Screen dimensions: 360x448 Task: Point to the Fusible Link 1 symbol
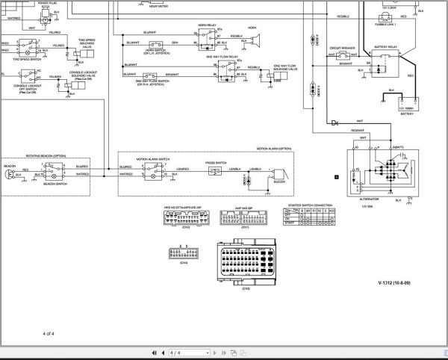[x=387, y=17]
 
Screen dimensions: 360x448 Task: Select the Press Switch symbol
[x=216, y=171]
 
